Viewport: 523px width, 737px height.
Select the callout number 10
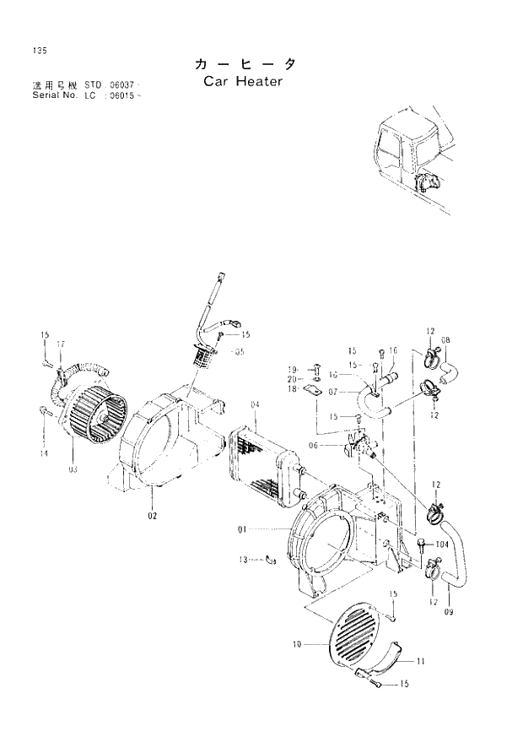point(297,644)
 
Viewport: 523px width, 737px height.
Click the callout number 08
point(445,340)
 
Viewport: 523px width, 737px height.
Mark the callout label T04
point(443,545)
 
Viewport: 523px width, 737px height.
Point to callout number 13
point(243,559)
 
